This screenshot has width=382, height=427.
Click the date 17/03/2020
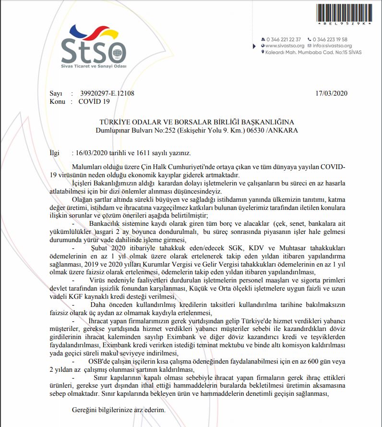click(332, 93)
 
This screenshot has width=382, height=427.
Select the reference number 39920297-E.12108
click(107, 93)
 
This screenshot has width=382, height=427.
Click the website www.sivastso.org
click(285, 46)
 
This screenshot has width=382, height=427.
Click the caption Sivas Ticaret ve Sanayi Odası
click(91, 65)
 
